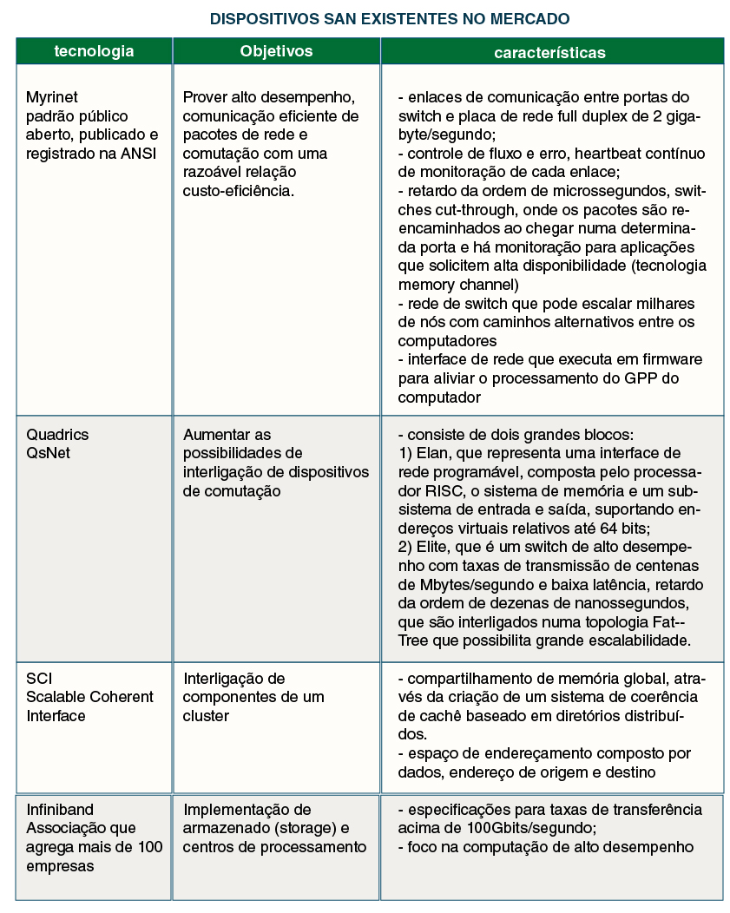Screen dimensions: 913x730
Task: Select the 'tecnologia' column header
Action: click(x=94, y=51)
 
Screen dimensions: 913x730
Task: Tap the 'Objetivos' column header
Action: click(x=276, y=51)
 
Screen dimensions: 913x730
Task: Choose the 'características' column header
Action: click(x=549, y=53)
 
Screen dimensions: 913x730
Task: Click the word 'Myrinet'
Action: click(x=52, y=97)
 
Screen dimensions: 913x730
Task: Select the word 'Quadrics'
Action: click(x=57, y=434)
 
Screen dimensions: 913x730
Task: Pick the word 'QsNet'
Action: click(x=48, y=453)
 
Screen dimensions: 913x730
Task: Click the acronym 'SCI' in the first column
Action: click(x=39, y=678)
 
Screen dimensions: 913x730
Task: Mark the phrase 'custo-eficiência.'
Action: click(x=239, y=191)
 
